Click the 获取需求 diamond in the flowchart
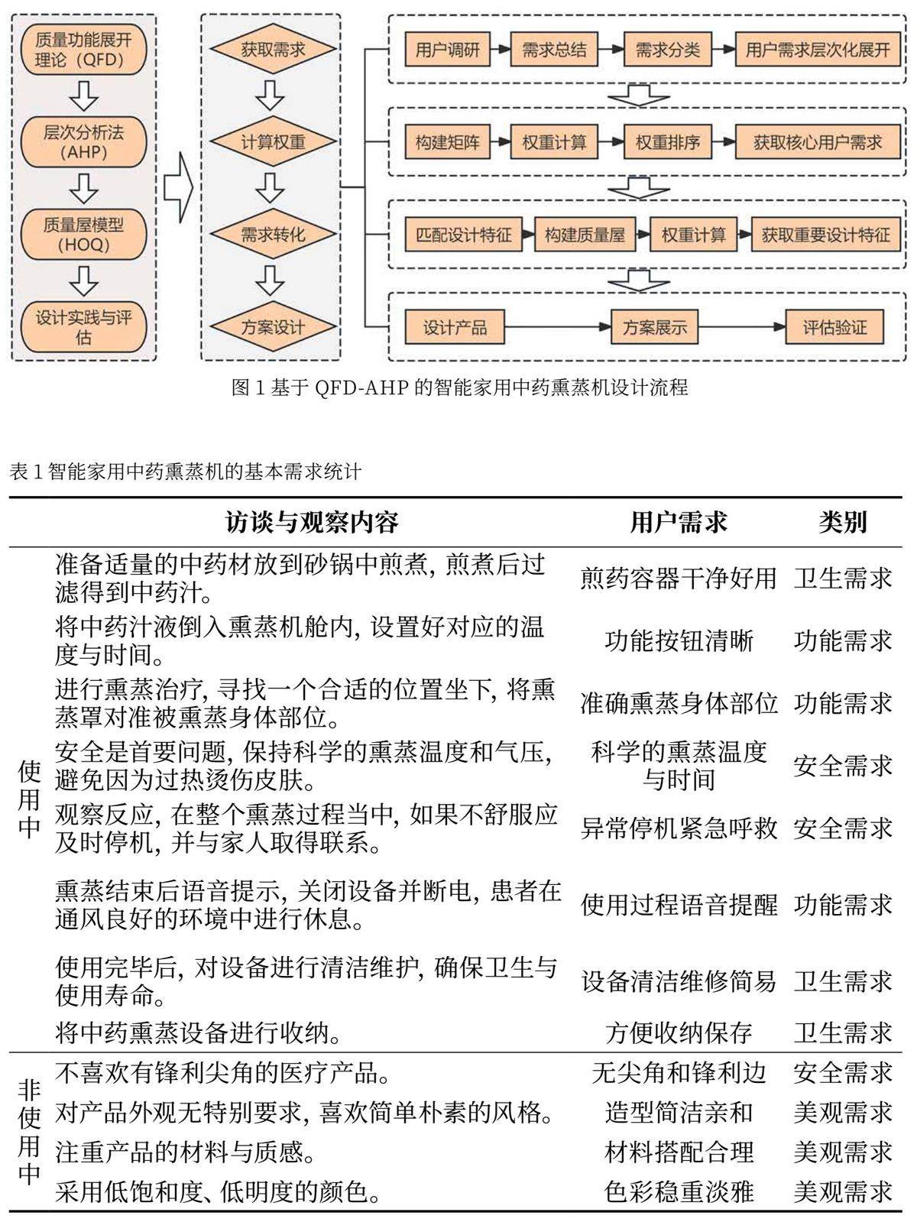[x=272, y=50]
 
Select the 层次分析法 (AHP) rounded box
[x=83, y=142]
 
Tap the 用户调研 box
[x=447, y=50]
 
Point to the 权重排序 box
[x=667, y=142]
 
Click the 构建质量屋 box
[x=585, y=235]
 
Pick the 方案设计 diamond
[x=272, y=327]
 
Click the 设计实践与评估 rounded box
[x=83, y=327]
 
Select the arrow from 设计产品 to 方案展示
[x=559, y=327]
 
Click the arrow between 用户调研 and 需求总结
[x=500, y=50]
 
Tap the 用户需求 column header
[x=678, y=523]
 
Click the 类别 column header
[x=842, y=523]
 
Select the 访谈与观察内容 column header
[x=312, y=523]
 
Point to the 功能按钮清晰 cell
[x=678, y=640]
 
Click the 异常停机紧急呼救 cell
[x=678, y=828]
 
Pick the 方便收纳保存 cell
[x=678, y=1032]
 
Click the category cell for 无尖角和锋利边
[x=842, y=1073]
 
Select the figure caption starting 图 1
[x=459, y=387]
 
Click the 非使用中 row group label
[x=29, y=1131]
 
